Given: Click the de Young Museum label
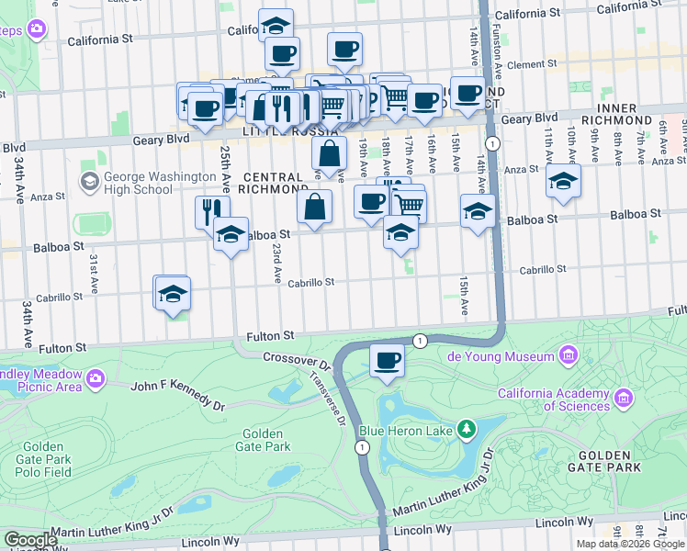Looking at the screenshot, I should pos(501,356).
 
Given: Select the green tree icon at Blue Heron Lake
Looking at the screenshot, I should pos(467,428).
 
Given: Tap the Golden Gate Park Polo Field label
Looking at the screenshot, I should pos(44,459).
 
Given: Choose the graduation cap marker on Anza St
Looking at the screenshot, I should pos(563,180).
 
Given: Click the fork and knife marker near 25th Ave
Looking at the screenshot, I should pos(212,210).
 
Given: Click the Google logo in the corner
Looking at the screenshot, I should pos(29,540).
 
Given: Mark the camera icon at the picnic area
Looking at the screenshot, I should pos(94,377).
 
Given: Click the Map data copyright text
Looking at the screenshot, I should pos(630,544).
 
